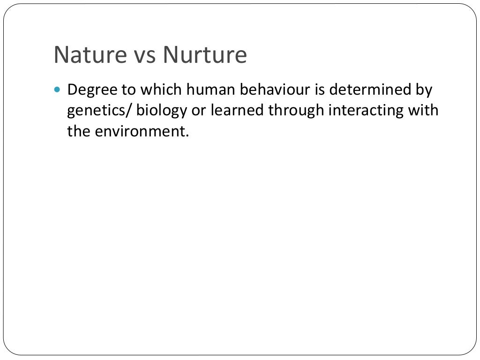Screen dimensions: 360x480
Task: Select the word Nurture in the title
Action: tap(205, 55)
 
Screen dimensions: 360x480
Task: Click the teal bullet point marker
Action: tap(58, 89)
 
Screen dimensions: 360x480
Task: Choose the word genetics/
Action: tap(99, 111)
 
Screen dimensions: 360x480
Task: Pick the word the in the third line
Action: tap(78, 132)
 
